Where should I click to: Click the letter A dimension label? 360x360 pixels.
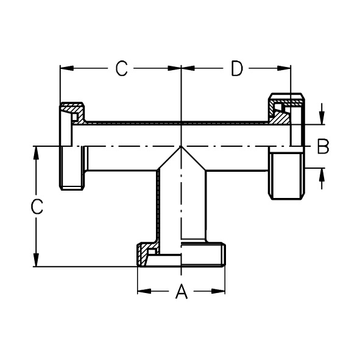click(182, 291)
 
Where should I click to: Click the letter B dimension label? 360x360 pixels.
click(323, 146)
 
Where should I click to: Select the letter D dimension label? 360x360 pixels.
click(237, 68)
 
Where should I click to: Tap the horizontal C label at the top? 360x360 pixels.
click(121, 68)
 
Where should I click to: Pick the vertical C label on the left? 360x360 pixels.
click(37, 206)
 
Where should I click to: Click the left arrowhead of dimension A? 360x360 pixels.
click(144, 291)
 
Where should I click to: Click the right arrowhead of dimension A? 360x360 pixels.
click(218, 291)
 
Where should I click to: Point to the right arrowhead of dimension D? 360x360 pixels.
click(284, 68)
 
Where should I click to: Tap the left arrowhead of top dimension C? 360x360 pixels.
click(67, 68)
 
